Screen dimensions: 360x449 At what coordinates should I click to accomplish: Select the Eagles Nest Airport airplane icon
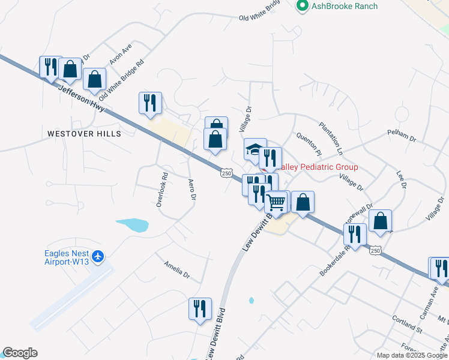click(x=98, y=257)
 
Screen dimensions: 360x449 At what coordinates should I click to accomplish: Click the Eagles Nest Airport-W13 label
click(x=67, y=257)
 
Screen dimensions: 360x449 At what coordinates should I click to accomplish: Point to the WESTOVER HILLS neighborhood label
click(x=84, y=133)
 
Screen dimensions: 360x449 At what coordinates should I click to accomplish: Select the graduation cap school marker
click(x=255, y=149)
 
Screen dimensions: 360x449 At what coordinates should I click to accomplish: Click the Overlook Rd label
click(x=161, y=190)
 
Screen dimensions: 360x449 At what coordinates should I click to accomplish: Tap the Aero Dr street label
click(x=192, y=189)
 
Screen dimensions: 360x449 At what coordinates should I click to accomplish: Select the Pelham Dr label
click(x=402, y=135)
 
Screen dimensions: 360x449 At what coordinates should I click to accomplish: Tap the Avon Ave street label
click(x=120, y=54)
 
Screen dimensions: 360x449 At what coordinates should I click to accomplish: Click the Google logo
click(x=20, y=353)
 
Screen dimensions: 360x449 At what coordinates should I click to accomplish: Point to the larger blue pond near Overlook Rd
click(x=133, y=225)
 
